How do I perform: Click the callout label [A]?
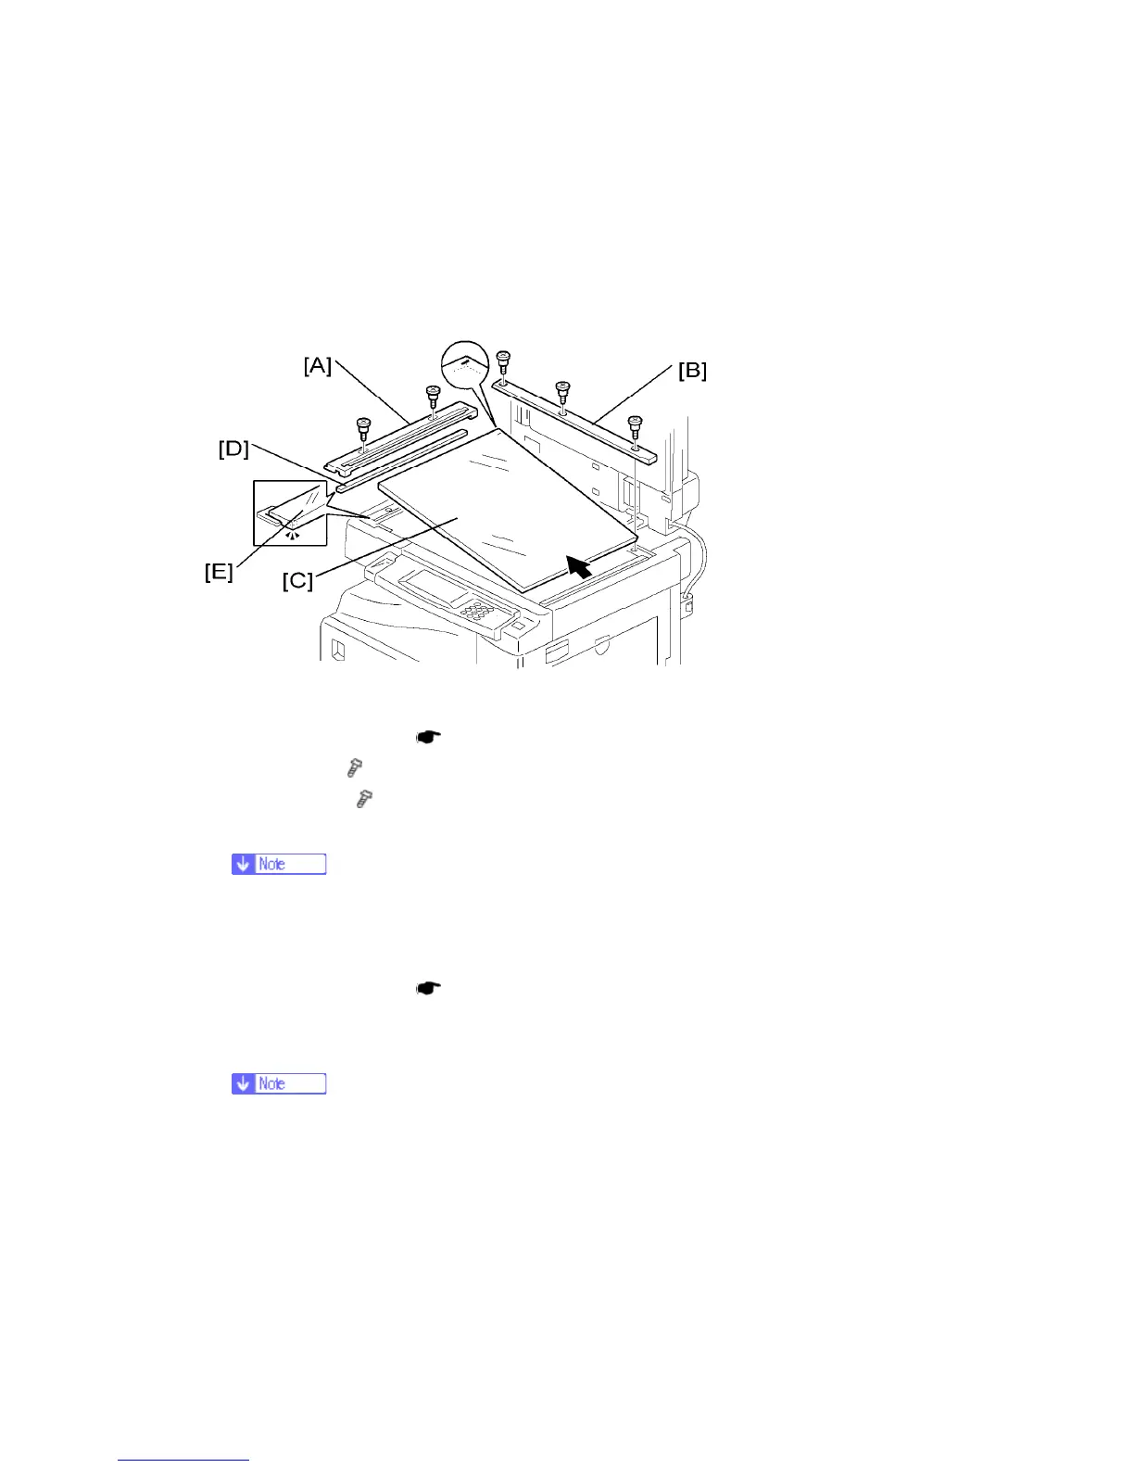[318, 366]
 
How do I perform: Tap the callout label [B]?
[692, 371]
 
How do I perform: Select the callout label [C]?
[297, 580]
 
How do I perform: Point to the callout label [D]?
[233, 449]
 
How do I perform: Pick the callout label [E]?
[219, 572]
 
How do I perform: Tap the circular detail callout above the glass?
[464, 364]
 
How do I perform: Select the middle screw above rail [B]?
[561, 393]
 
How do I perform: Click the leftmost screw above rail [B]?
[503, 361]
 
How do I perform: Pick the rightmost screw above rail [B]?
[635, 426]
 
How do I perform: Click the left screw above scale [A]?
[363, 430]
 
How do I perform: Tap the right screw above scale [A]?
[432, 398]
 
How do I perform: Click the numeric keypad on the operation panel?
[475, 612]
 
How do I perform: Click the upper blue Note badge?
[279, 864]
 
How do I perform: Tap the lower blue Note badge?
[279, 1083]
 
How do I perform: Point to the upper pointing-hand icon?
[428, 738]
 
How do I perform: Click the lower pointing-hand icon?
[428, 988]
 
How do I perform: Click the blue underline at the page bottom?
[183, 1460]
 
